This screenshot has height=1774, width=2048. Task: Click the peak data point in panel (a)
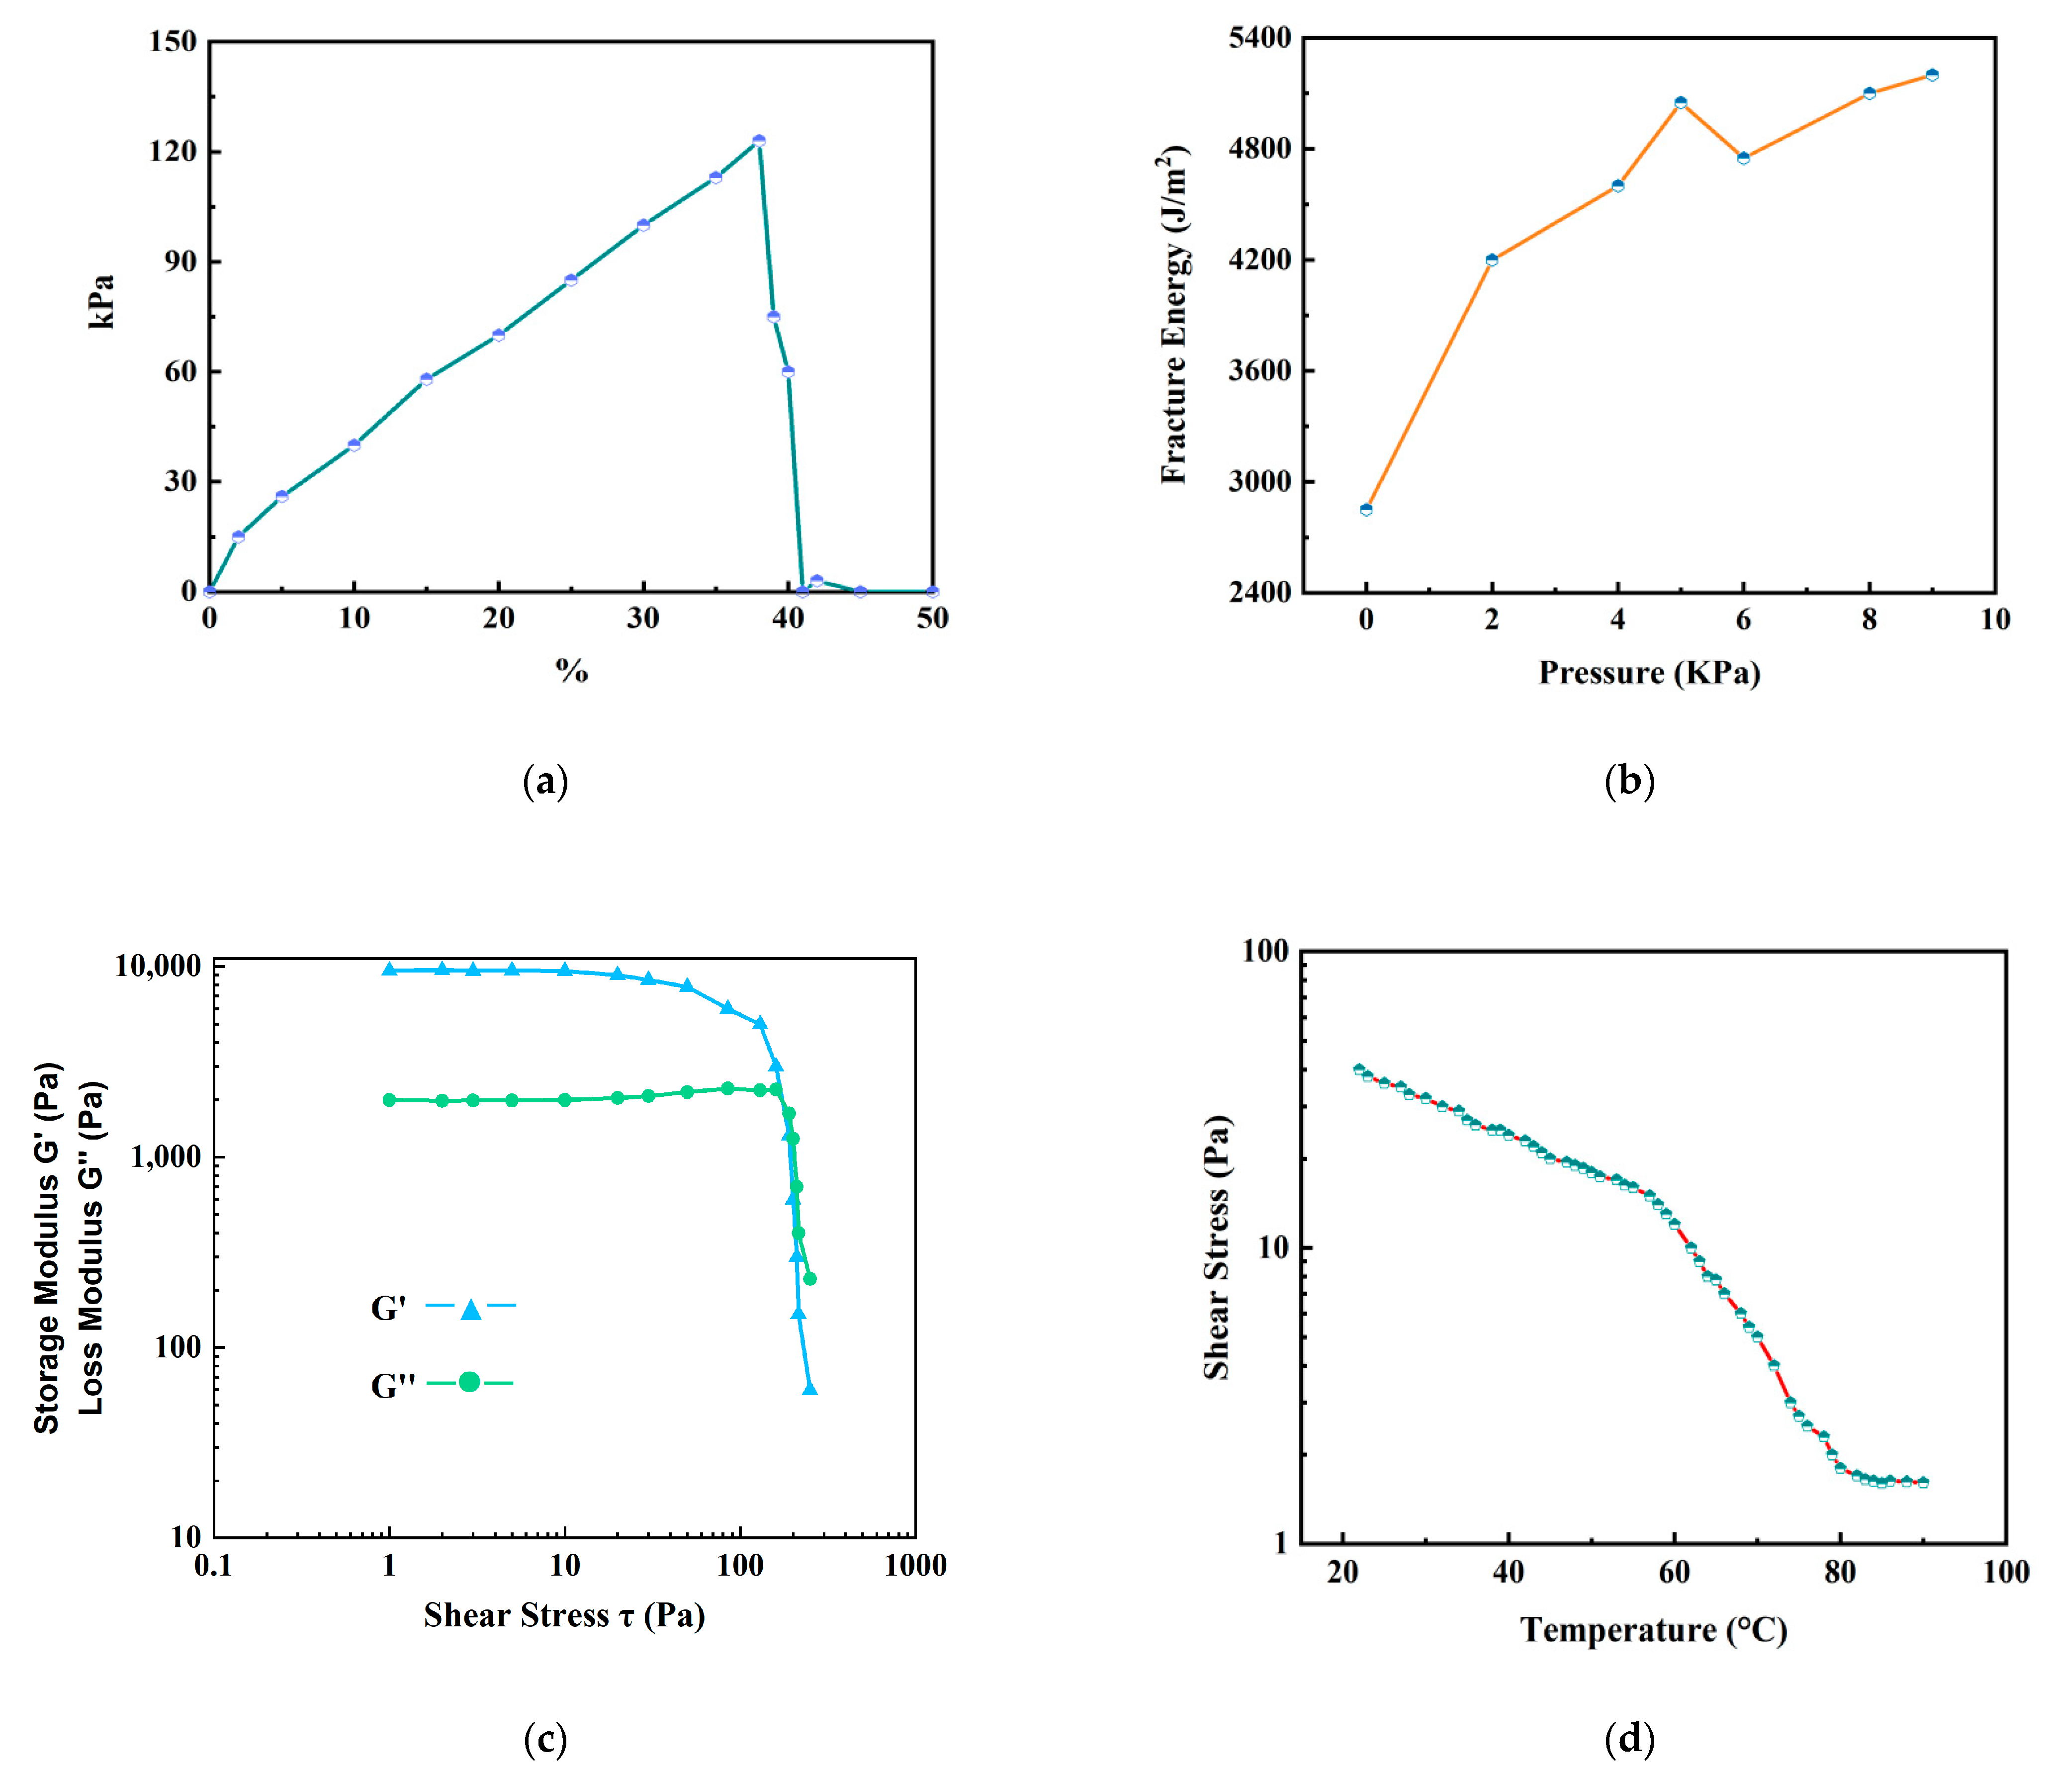pyautogui.click(x=758, y=141)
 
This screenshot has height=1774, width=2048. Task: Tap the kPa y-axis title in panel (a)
pyautogui.click(x=101, y=302)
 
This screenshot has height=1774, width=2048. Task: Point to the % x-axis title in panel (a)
pyautogui.click(x=571, y=671)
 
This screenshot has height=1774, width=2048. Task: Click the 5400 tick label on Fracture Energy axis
pyautogui.click(x=1260, y=38)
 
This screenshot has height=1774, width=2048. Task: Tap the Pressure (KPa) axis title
pyautogui.click(x=1649, y=673)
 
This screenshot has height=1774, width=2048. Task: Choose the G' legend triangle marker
pyautogui.click(x=471, y=1310)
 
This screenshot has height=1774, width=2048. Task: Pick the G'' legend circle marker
pyautogui.click(x=469, y=1382)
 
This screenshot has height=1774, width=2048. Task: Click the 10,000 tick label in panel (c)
pyautogui.click(x=159, y=966)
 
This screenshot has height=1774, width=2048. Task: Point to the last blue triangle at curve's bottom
pyautogui.click(x=809, y=1389)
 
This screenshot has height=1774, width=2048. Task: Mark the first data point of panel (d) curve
pyautogui.click(x=1359, y=1069)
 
